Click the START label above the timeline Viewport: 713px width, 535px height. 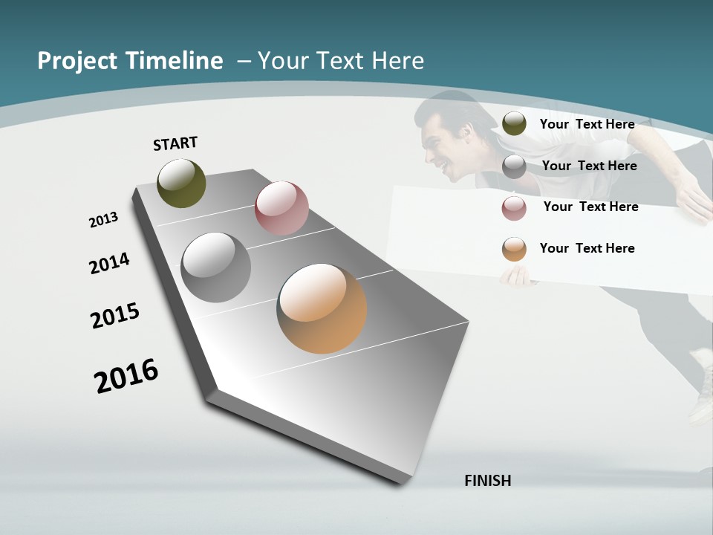[175, 143]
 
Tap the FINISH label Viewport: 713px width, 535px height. [488, 481]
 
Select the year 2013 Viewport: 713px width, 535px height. [103, 220]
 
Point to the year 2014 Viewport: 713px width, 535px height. [109, 264]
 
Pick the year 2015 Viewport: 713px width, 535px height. [114, 316]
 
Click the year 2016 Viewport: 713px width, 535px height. [126, 376]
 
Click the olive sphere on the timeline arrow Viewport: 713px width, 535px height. [181, 183]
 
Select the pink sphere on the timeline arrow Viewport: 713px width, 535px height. [281, 208]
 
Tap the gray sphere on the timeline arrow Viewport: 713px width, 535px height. [216, 267]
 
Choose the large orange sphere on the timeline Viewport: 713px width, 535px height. [322, 308]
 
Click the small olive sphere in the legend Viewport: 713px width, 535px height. [514, 124]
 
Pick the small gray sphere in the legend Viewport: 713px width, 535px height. [514, 166]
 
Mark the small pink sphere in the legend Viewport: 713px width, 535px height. [514, 207]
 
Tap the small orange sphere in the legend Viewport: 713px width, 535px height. [514, 249]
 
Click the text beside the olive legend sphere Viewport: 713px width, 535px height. [587, 124]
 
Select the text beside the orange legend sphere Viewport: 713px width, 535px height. [587, 248]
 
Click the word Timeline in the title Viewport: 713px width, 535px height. [175, 61]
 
